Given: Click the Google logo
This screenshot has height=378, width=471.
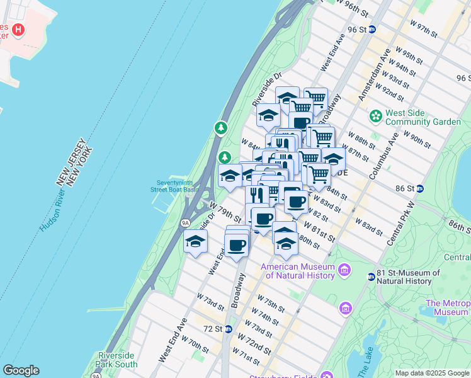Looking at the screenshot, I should click(x=21, y=370).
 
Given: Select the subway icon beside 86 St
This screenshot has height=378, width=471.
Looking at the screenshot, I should click(x=419, y=188).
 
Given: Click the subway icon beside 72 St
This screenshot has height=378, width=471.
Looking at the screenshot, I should click(x=228, y=329).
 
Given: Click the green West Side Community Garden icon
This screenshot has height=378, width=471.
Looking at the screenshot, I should click(x=376, y=116).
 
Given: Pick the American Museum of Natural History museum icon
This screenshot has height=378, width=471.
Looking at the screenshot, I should click(x=344, y=271).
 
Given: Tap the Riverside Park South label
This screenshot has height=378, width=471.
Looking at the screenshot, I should click(x=117, y=360).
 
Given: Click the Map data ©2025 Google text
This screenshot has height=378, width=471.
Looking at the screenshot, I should click(x=432, y=372).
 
